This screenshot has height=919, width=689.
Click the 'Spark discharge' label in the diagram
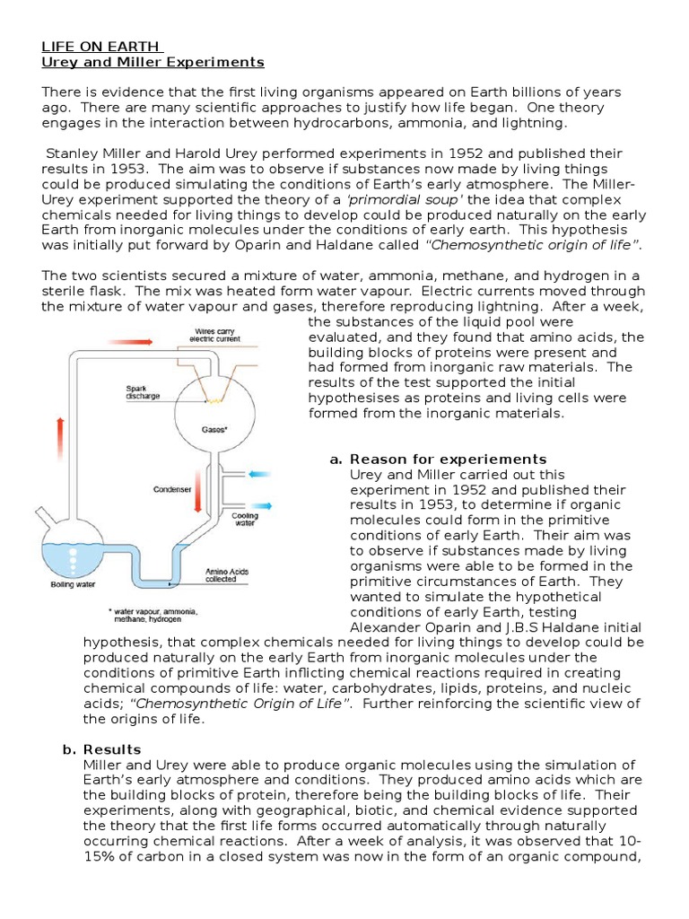[x=142, y=393]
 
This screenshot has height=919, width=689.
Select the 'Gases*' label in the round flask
[x=214, y=429]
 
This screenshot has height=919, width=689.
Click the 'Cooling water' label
[x=245, y=521]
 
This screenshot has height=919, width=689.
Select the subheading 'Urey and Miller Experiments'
[x=153, y=62]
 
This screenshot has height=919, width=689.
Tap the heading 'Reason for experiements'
[x=448, y=459]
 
